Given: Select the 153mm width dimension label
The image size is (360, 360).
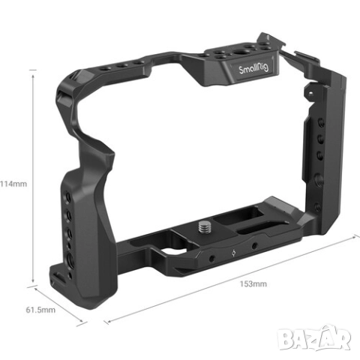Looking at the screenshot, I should (x=253, y=283).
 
